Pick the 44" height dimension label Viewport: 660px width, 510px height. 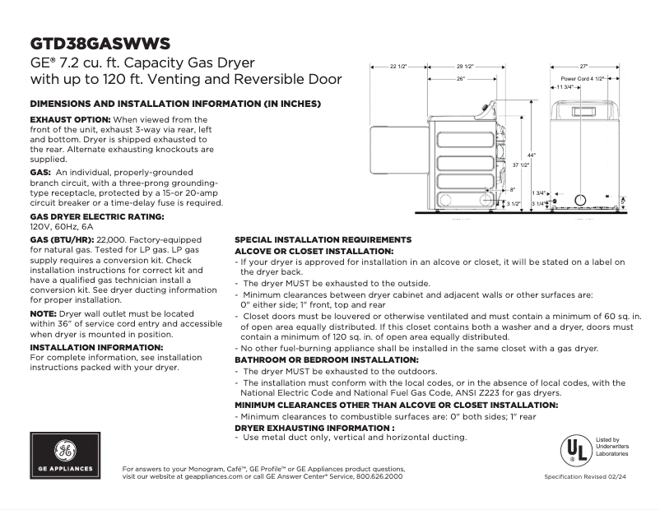(x=531, y=155)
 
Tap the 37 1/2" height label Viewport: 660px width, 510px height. (x=520, y=165)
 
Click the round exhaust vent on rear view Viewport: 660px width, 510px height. (x=580, y=199)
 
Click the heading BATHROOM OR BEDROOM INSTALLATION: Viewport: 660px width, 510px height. (x=327, y=360)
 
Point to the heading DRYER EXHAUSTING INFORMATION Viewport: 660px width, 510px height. (x=314, y=428)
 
